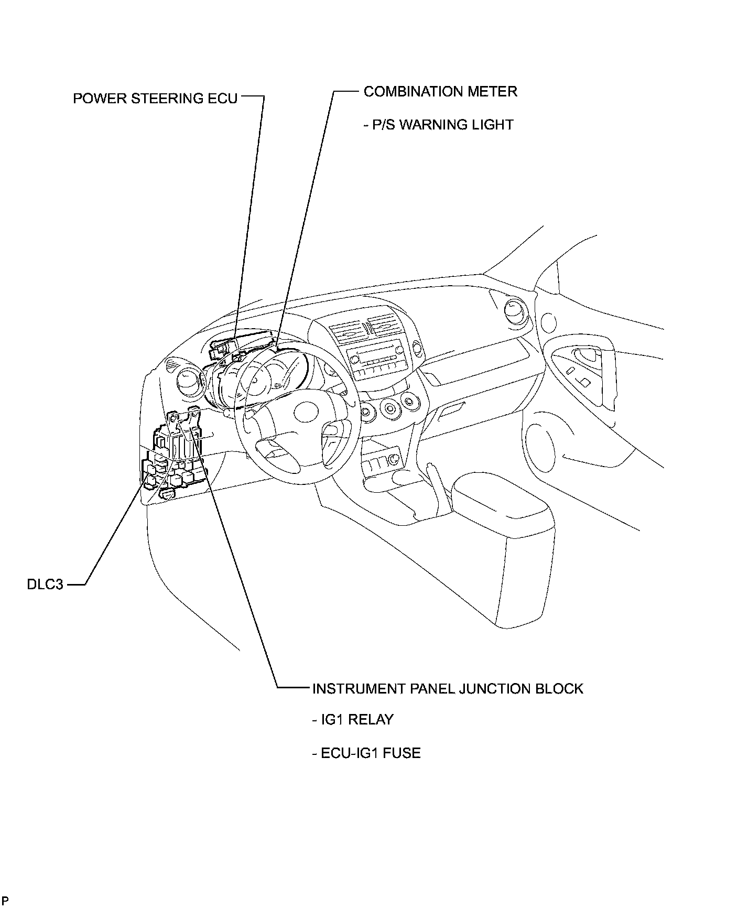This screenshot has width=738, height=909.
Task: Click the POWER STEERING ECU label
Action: click(x=155, y=99)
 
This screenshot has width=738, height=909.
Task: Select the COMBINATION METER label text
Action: click(x=440, y=92)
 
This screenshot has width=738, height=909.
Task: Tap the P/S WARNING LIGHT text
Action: click(x=438, y=125)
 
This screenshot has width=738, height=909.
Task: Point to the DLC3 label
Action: click(x=45, y=584)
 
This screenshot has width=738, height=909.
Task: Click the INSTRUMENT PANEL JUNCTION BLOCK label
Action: click(x=448, y=688)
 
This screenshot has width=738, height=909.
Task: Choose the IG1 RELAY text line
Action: click(x=353, y=720)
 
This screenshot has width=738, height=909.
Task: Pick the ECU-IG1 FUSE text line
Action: click(x=366, y=753)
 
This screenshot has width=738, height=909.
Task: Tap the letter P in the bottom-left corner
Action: click(x=5, y=901)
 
